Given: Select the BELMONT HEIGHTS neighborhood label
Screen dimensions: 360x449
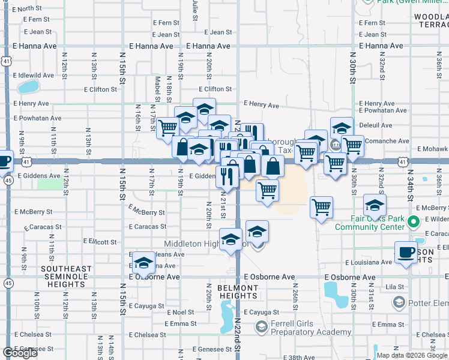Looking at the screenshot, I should point(238,292).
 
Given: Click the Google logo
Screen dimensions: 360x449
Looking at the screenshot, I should point(20,353).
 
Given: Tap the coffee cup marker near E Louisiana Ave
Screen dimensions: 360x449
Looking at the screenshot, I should point(406,253).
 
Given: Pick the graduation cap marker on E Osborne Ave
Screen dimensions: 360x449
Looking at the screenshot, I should point(144,262).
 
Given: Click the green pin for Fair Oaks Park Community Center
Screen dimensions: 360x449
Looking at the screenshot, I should point(412,223).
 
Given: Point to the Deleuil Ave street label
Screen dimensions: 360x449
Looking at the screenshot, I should point(375,125).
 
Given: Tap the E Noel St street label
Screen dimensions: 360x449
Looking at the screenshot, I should point(181,313).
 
